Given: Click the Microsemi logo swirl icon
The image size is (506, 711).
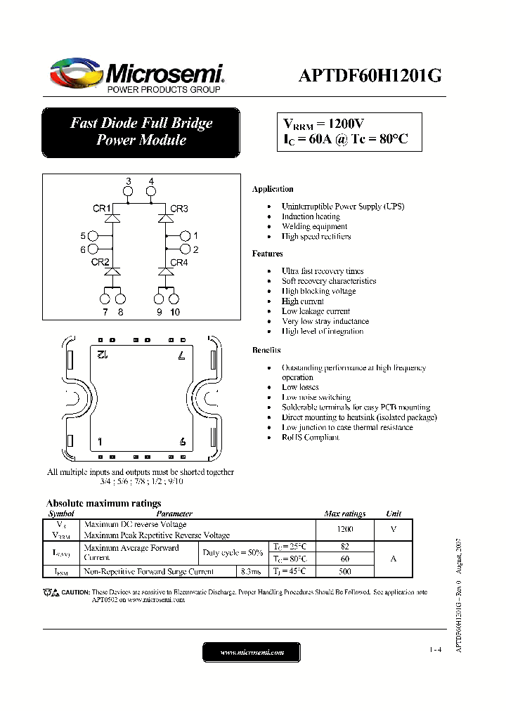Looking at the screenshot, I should point(76,72).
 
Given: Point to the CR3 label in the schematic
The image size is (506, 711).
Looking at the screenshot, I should point(179,209).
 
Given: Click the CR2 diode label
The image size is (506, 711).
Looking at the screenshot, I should point(100,262).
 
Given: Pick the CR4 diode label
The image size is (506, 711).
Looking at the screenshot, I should point(179,262).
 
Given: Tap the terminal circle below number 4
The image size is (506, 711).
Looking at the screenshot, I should point(152,193).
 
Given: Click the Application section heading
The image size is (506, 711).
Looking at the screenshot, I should point(273,189).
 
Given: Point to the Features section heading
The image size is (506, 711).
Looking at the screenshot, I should point(267,254).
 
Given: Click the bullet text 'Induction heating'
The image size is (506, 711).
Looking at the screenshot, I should point(311,216).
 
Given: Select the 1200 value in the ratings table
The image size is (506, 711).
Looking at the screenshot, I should point(344,529).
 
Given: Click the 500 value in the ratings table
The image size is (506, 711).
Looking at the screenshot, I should point(344,571).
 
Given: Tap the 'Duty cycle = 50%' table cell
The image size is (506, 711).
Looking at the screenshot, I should point(233,553).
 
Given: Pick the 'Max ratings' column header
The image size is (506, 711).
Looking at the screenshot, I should point(344,514).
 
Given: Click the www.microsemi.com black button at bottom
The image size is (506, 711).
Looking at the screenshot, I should point(252,653).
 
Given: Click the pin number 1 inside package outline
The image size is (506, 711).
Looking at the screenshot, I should point(100,442).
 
